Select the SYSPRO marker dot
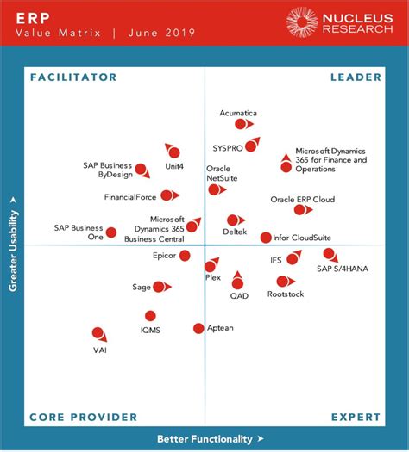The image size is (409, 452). (x=250, y=146)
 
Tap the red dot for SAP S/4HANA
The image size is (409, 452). (x=328, y=253)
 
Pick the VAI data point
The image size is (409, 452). (x=98, y=332)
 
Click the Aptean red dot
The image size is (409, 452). (x=198, y=328)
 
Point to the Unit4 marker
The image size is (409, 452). (x=173, y=152)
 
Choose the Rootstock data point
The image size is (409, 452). (x=281, y=281)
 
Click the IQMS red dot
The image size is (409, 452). (x=151, y=316)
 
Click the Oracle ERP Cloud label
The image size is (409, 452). (x=302, y=199)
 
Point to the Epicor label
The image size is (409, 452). (x=164, y=256)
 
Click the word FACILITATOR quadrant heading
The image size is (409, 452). (x=72, y=77)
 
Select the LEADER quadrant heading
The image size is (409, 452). (x=356, y=77)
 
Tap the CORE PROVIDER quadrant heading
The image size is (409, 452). (x=83, y=417)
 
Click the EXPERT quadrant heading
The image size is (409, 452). (x=356, y=417)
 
